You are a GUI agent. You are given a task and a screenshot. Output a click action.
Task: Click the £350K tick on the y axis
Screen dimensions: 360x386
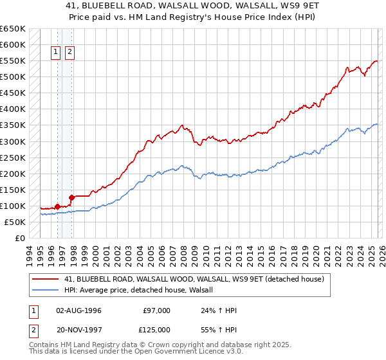[x=13, y=125]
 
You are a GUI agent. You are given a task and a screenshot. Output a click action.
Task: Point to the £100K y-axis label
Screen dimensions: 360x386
[x=13, y=206]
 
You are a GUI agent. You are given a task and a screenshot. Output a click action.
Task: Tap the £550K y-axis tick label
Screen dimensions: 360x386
[x=13, y=61]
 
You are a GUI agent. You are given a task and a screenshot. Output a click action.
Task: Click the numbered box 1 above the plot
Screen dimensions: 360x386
[x=57, y=53]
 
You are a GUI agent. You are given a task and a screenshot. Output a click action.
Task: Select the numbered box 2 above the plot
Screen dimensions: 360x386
[x=69, y=53]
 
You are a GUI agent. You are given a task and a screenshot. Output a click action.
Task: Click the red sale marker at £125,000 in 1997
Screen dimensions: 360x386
[x=71, y=197]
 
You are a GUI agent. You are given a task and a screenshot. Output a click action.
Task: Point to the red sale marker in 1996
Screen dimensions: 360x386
[x=57, y=206]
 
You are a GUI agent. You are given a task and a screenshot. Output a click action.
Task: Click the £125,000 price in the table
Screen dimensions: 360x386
[x=158, y=330]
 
